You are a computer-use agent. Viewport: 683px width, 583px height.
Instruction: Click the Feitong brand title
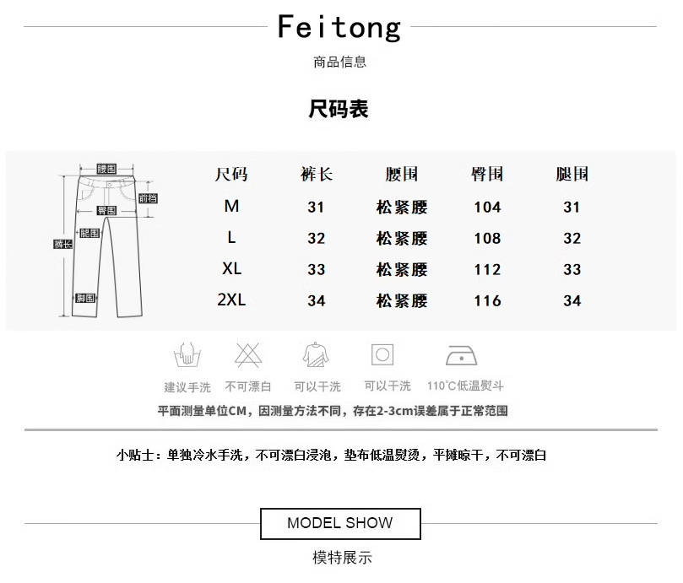click(x=339, y=28)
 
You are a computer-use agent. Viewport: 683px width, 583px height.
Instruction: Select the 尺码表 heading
click(x=339, y=110)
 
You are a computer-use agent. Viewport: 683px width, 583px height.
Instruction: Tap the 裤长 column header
click(x=317, y=175)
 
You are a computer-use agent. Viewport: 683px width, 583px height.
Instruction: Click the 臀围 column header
click(x=487, y=175)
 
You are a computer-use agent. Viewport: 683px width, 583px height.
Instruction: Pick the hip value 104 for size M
click(x=487, y=207)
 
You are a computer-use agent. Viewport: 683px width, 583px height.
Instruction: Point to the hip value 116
click(x=487, y=300)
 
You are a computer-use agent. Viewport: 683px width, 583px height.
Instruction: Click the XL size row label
click(x=231, y=269)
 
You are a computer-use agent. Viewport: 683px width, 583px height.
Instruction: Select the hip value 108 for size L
click(x=487, y=238)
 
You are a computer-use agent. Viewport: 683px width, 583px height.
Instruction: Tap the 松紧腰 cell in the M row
click(x=402, y=207)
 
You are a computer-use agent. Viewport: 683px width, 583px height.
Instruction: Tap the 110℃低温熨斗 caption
click(x=465, y=386)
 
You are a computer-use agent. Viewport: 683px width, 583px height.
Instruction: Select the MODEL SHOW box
click(x=339, y=523)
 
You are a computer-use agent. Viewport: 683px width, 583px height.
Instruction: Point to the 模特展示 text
click(x=342, y=558)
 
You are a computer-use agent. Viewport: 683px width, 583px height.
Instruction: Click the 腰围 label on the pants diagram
click(x=106, y=168)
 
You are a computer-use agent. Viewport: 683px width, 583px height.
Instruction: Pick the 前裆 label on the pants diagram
click(x=148, y=199)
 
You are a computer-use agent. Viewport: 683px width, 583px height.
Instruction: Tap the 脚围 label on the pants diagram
click(x=85, y=299)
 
